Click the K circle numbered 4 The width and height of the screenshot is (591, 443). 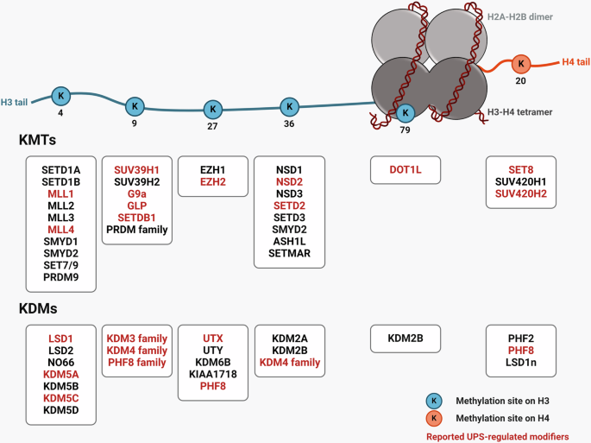tap(60, 96)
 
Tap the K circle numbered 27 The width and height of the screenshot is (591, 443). tap(212, 110)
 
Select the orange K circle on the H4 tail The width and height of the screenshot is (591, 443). tap(520, 64)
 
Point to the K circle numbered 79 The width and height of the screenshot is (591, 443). tap(406, 112)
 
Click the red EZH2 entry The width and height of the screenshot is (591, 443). tap(212, 182)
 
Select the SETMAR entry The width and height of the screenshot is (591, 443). tap(289, 254)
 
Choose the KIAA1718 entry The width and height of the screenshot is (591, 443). tap(212, 375)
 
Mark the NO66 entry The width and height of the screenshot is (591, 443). tap(60, 363)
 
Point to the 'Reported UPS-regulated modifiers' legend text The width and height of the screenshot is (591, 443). tap(504, 436)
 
